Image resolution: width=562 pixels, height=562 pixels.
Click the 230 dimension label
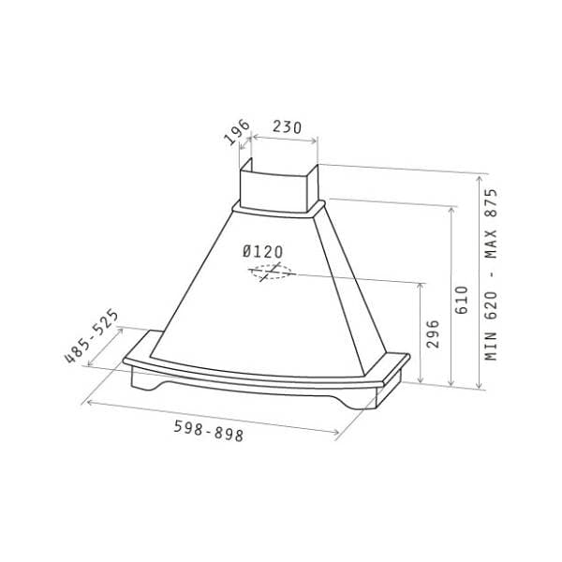point(287,127)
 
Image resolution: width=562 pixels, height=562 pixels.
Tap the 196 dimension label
point(237,131)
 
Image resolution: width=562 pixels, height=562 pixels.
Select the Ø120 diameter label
point(262,252)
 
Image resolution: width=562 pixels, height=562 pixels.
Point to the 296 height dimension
point(434,333)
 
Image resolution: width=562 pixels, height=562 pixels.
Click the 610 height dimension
point(462,301)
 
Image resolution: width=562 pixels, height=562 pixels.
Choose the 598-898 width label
point(209,431)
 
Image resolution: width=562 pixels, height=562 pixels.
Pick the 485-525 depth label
point(91,336)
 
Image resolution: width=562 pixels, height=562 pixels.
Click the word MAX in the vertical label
point(491,244)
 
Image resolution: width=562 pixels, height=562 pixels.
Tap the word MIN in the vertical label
point(491,346)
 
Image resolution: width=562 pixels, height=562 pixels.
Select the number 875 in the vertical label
point(491,203)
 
